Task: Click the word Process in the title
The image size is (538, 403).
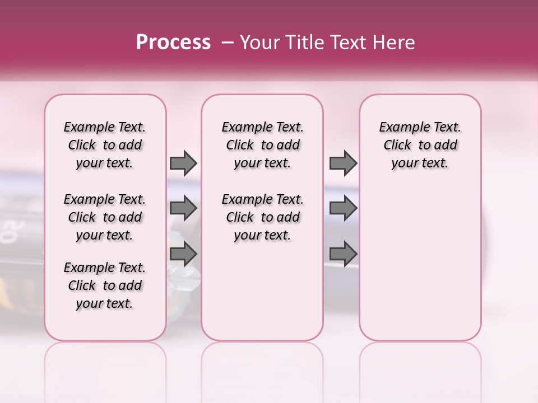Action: click(173, 42)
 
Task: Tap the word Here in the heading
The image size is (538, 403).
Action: click(396, 42)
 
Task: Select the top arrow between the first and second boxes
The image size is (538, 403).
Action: click(183, 163)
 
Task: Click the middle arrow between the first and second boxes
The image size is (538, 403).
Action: click(183, 208)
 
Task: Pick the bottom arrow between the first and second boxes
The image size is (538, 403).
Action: click(183, 254)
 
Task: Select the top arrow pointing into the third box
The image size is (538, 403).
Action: click(343, 163)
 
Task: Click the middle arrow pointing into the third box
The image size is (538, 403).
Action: click(343, 208)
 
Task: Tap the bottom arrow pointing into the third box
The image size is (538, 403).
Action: click(343, 254)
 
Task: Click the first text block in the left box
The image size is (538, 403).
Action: click(105, 145)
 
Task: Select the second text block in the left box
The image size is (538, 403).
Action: click(105, 217)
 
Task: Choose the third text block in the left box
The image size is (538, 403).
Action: click(105, 285)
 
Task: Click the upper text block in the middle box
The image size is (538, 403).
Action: click(262, 145)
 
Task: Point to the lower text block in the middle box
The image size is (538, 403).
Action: click(262, 217)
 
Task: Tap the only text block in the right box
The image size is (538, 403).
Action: click(420, 145)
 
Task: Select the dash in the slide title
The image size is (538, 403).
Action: click(227, 42)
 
